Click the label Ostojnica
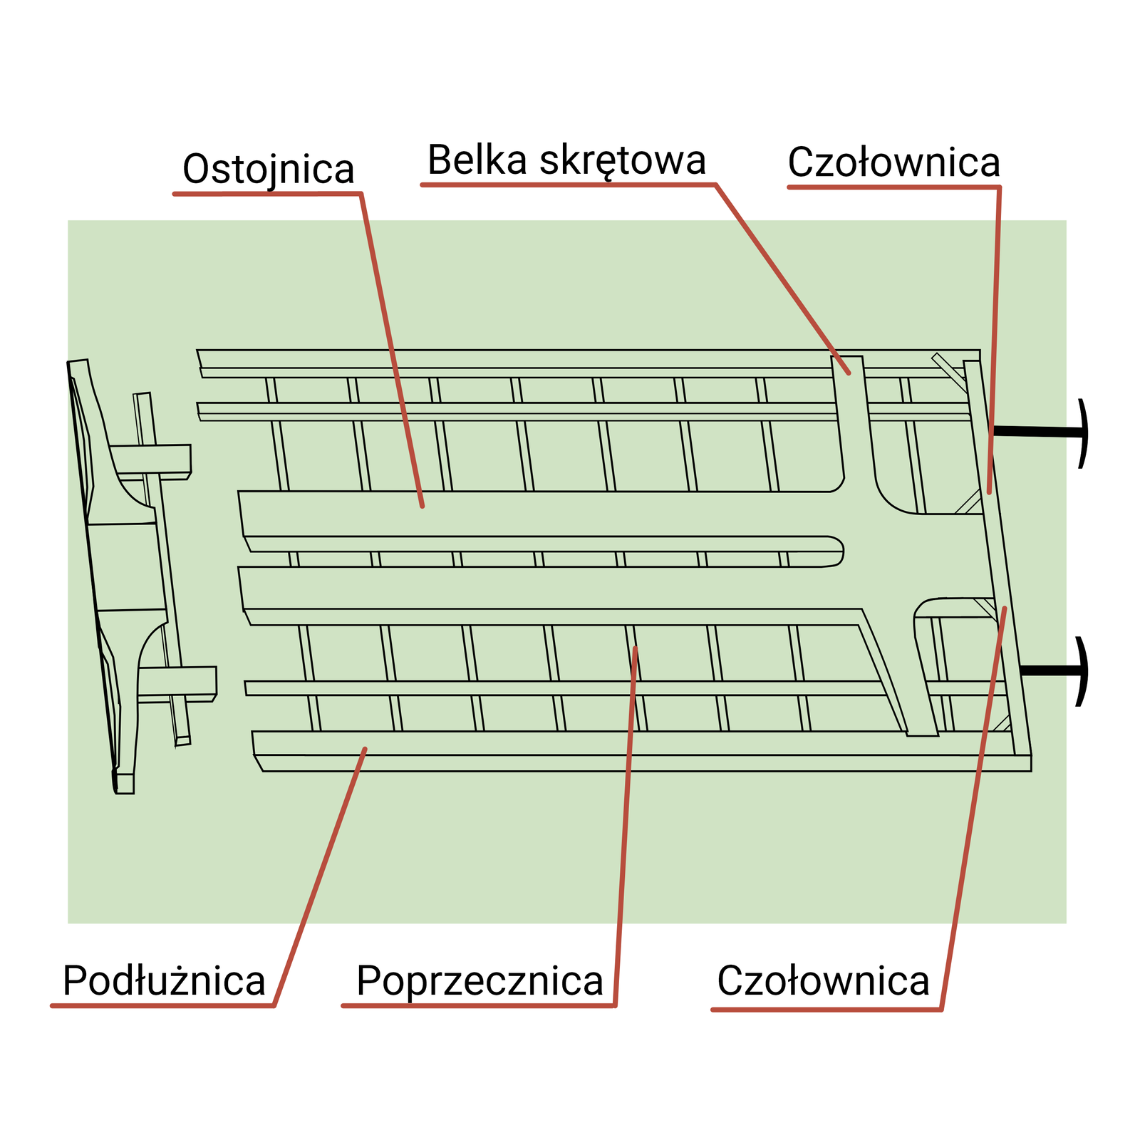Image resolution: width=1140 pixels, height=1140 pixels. coord(268,170)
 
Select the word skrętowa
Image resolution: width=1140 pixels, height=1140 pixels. coord(623,162)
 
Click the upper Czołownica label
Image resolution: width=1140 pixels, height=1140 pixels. coord(893,162)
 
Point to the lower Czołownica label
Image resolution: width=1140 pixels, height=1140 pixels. coord(823,980)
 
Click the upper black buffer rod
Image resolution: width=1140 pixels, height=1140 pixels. coord(1037,432)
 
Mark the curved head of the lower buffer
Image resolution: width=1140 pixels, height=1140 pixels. coord(1083,670)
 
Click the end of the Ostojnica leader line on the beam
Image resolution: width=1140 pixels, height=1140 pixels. coord(423,506)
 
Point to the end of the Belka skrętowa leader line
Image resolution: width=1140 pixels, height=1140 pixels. coord(849,373)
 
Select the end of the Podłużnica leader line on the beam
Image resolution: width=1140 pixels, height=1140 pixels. coord(365,749)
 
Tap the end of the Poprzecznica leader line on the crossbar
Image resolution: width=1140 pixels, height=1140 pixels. coord(635,648)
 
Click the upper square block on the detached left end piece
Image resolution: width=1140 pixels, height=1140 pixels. coord(150,461)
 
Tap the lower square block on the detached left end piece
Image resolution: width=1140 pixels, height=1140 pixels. coord(177,682)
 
